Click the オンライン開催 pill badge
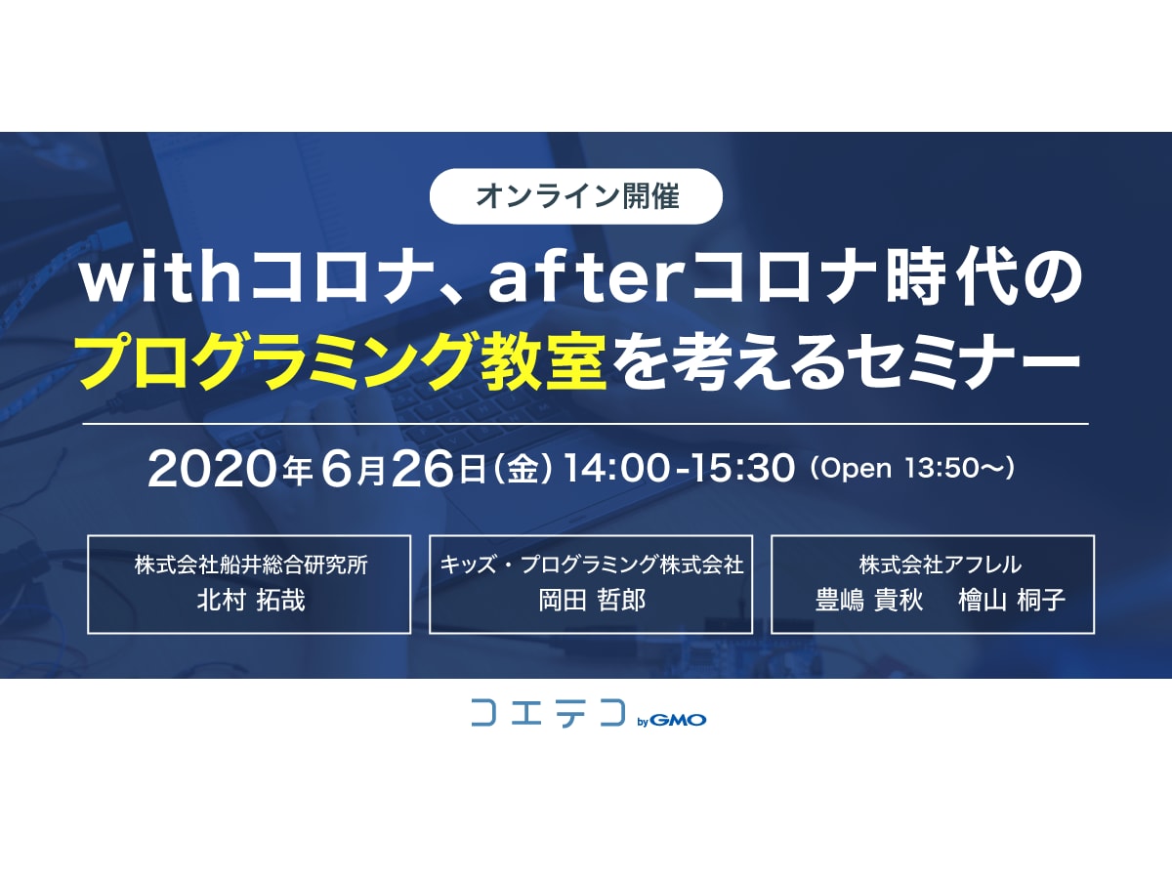click(575, 196)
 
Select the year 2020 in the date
click(214, 469)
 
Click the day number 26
click(422, 469)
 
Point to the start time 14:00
click(615, 469)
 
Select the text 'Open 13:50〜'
click(912, 469)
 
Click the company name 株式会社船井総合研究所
click(251, 565)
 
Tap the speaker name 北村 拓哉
click(251, 600)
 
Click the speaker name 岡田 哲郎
click(592, 600)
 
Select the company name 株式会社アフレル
click(941, 565)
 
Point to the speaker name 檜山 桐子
click(1012, 600)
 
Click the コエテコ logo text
click(548, 713)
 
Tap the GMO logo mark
click(678, 721)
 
